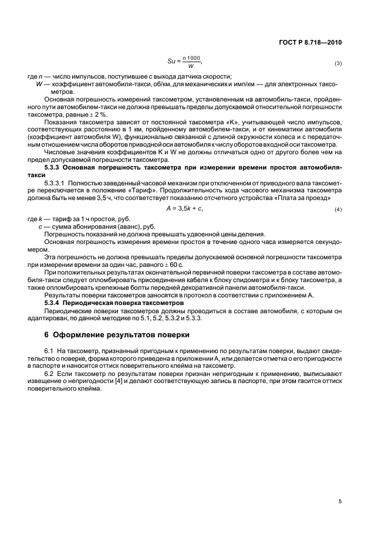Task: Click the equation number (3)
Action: click(338, 62)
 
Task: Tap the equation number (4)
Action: click(338, 209)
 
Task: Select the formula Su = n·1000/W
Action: click(185, 61)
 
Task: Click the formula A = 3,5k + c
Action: click(185, 209)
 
